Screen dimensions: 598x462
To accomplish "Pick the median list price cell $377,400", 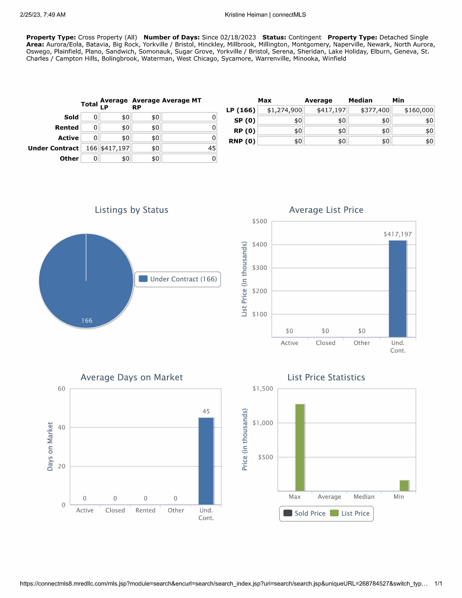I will (x=370, y=110).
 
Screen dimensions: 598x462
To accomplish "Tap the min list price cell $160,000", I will (x=413, y=110).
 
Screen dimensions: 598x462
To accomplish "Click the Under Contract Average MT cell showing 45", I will (x=189, y=148).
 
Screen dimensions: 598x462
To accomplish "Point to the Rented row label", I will (x=67, y=128).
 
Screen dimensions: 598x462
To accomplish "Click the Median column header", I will (x=360, y=100).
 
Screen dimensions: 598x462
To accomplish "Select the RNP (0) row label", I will (x=242, y=141).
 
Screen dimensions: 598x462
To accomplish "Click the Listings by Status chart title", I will (x=131, y=210).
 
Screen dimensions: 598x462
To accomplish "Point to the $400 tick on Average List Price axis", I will (x=259, y=245).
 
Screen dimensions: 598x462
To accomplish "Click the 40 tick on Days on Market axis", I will (x=62, y=427).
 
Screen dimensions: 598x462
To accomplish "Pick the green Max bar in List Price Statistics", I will (x=300, y=447).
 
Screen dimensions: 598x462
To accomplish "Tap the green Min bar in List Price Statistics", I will (x=404, y=485).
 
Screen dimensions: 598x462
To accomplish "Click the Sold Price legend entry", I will (x=305, y=513).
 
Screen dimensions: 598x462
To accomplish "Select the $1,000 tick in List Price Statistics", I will (x=263, y=423).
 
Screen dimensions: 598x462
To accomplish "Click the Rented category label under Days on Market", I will (x=146, y=510).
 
